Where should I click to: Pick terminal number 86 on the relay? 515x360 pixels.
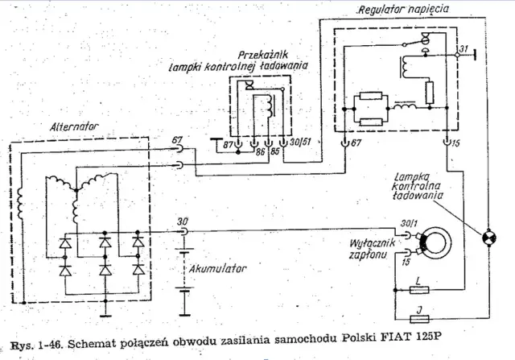tap(261, 151)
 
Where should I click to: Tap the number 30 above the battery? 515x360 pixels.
tap(183, 221)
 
